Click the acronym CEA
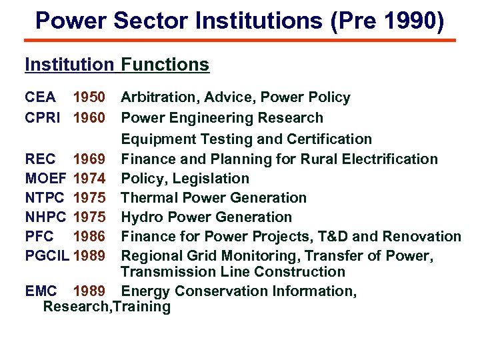(x=40, y=98)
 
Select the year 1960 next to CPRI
(x=89, y=118)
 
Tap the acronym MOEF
(x=45, y=179)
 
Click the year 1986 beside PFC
(x=89, y=237)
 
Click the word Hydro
(x=142, y=217)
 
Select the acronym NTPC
(x=45, y=198)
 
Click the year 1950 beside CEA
(x=89, y=98)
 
